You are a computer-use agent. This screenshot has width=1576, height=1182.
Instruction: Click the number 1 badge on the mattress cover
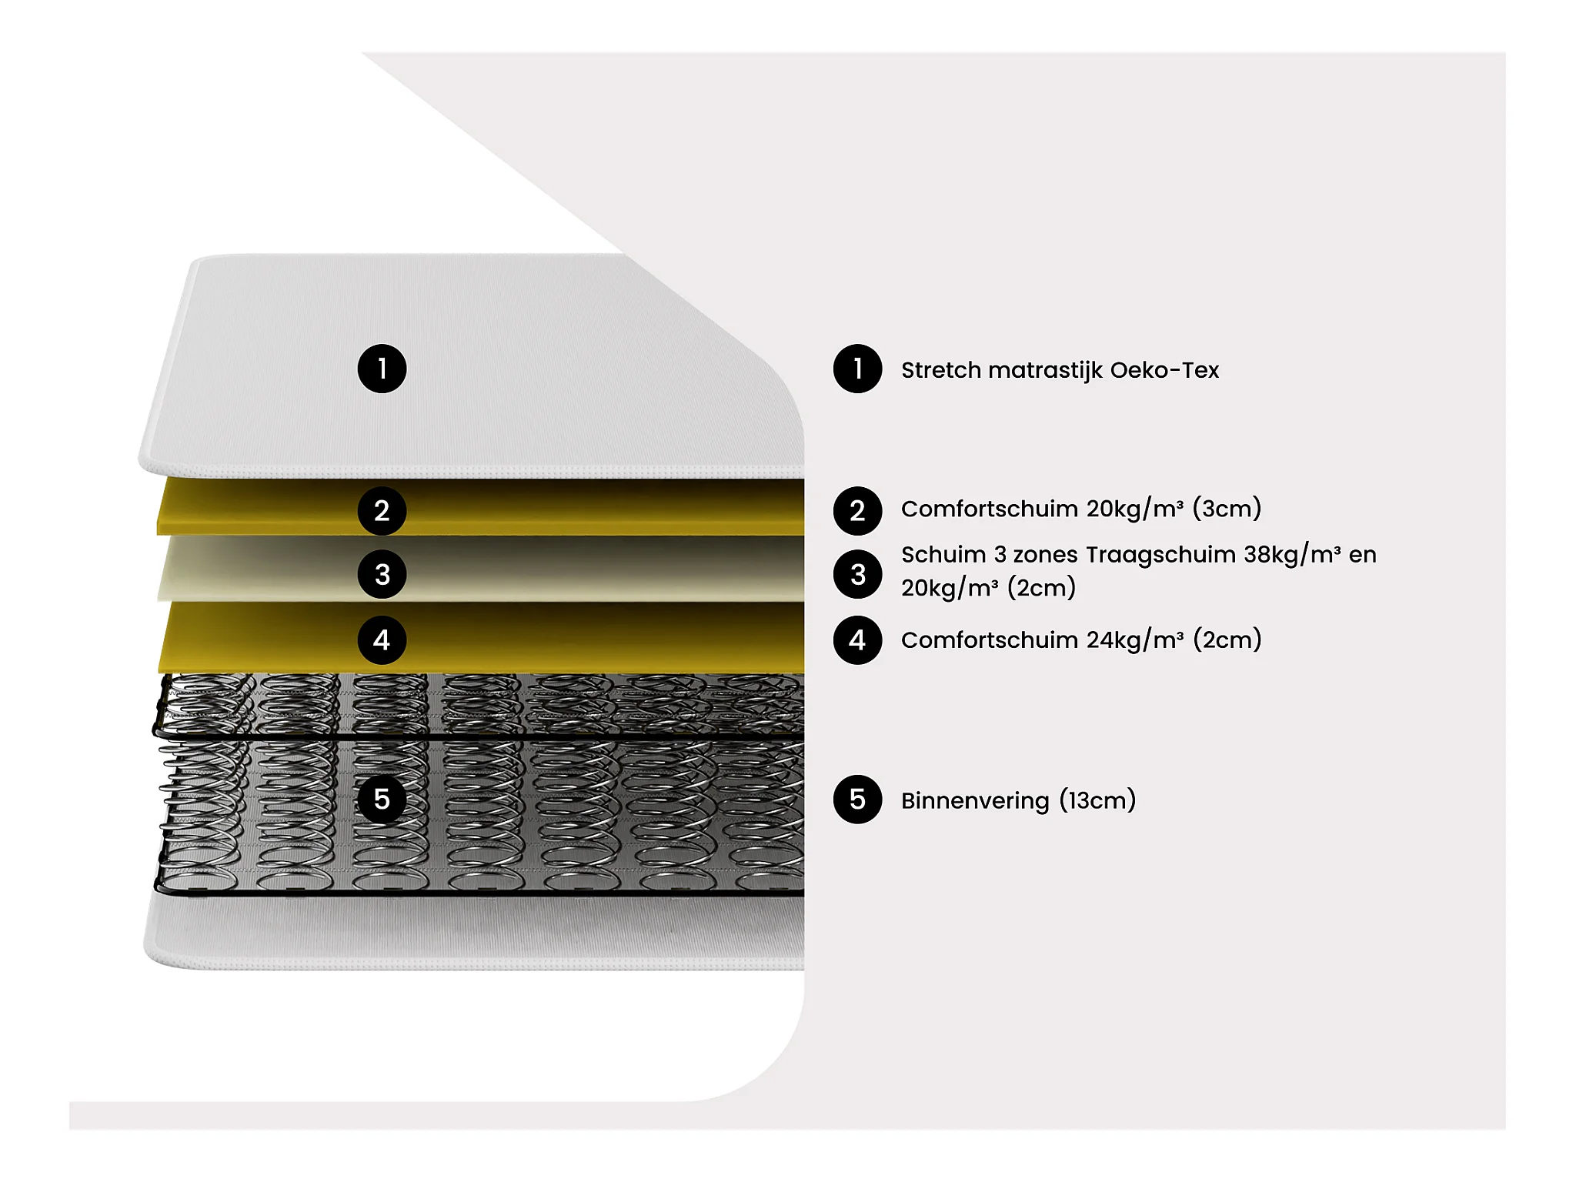382,369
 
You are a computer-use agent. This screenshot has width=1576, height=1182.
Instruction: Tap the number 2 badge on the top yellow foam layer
382,510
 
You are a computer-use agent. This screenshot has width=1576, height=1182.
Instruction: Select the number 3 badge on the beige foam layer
382,574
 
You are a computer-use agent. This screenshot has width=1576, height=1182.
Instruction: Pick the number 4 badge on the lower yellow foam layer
382,639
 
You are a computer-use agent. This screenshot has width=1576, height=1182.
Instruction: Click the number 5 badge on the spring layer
382,800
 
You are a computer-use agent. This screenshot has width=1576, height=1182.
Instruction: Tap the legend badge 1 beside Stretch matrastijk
857,369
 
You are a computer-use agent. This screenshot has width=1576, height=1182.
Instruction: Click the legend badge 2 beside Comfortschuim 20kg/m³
857,510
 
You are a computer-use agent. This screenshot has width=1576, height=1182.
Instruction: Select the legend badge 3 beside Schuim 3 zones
857,574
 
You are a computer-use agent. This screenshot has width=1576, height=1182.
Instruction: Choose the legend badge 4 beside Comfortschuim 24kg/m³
857,639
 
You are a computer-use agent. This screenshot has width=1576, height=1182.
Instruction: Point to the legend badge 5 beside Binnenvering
857,800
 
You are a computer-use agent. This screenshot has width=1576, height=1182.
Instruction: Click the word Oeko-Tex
1164,370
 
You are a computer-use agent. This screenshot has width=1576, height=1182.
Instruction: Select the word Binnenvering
975,800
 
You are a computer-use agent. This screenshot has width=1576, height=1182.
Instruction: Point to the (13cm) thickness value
1097,800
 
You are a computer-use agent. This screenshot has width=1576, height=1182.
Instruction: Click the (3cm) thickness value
1227,509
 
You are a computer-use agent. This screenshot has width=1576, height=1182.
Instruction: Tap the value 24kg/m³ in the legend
1135,640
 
